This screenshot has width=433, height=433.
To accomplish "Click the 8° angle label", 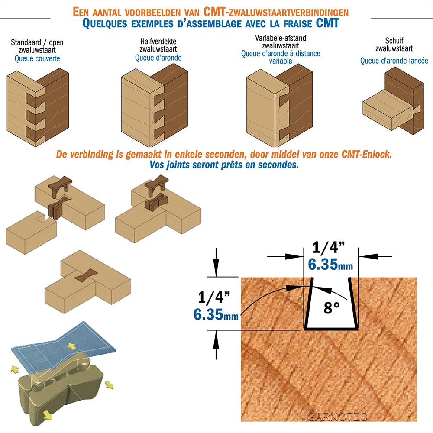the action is click(x=331, y=307).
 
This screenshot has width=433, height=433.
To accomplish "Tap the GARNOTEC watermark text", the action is click(x=337, y=416).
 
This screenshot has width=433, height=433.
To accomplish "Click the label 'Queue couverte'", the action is click(x=37, y=58).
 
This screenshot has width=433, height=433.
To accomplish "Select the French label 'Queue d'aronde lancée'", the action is click(x=394, y=61).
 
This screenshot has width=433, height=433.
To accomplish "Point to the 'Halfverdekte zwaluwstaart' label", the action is click(x=158, y=45).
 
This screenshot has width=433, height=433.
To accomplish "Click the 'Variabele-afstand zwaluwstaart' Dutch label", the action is click(x=281, y=42).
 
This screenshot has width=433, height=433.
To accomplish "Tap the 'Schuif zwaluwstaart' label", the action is click(x=394, y=45).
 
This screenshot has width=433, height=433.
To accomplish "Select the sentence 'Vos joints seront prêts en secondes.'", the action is click(x=224, y=165).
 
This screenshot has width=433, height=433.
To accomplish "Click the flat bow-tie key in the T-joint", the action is click(x=86, y=275).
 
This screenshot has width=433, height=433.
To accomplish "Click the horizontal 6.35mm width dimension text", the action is click(x=330, y=265).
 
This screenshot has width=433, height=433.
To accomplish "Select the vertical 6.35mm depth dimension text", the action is click(x=216, y=314).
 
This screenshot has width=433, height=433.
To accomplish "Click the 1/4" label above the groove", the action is click(x=329, y=247).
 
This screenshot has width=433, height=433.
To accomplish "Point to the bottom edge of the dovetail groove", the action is click(x=331, y=329).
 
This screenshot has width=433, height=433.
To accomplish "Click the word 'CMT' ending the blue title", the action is click(x=327, y=23).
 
